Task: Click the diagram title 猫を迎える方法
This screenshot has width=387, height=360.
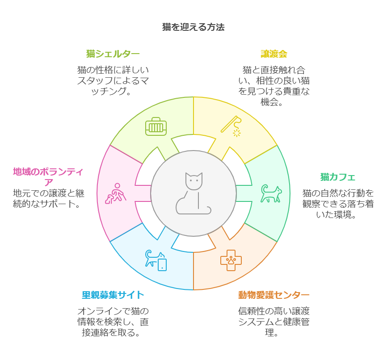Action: pyautogui.click(x=193, y=27)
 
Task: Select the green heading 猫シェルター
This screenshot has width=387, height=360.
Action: pyautogui.click(x=113, y=54)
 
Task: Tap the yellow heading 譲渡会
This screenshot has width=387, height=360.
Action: pyautogui.click(x=273, y=54)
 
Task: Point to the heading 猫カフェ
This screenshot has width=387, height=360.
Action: pyautogui.click(x=338, y=177)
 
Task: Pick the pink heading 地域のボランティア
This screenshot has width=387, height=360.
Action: pyautogui.click(x=48, y=176)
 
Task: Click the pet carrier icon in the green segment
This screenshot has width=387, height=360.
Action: pyautogui.click(x=156, y=127)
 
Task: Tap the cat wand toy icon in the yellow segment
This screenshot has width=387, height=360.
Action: pyautogui.click(x=231, y=126)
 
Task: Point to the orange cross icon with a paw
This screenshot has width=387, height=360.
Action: pyautogui.click(x=231, y=260)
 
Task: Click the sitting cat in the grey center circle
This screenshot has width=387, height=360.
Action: pyautogui.click(x=193, y=193)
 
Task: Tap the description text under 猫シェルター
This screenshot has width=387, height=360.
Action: pyautogui.click(x=113, y=81)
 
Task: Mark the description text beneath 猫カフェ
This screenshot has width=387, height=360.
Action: pyautogui.click(x=338, y=204)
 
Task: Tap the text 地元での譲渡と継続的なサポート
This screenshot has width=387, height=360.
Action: pyautogui.click(x=48, y=199)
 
